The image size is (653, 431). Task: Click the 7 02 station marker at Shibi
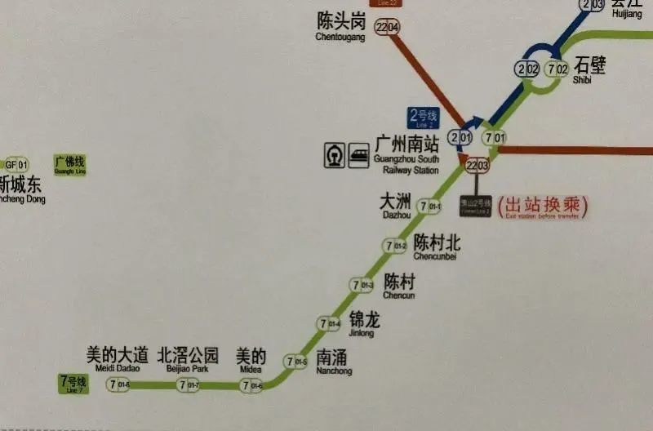click(557, 69)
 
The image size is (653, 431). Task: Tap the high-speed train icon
click(358, 155)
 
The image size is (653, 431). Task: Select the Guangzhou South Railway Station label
click(406, 153)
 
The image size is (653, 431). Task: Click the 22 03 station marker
click(478, 166)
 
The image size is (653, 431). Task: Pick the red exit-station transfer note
click(543, 207)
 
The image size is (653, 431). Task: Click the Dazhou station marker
click(430, 207)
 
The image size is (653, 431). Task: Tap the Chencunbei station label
click(436, 247)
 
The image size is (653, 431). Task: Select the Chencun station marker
click(362, 285)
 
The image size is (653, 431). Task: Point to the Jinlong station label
click(364, 323)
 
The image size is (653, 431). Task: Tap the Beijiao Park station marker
click(189, 385)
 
